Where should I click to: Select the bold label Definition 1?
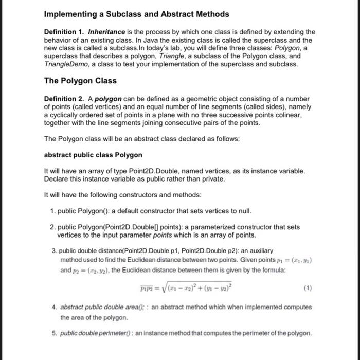tap(65, 32)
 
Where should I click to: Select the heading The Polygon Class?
tap(80, 81)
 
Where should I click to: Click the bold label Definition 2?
tap(65, 99)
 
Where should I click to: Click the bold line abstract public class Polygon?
tap(93, 155)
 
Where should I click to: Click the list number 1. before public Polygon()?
tap(53, 211)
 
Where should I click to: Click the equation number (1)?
tap(308, 289)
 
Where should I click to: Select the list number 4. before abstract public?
tap(53, 307)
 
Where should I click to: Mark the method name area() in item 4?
tap(135, 307)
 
